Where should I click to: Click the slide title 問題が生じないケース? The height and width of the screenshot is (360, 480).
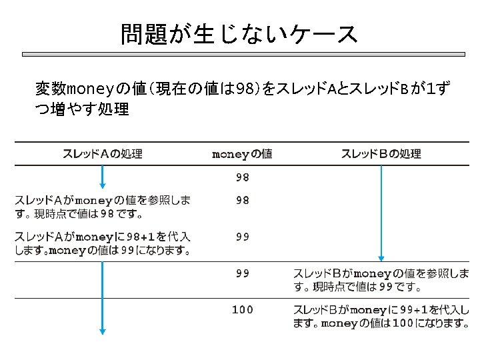[239, 34]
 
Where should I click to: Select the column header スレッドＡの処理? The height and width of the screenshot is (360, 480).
[102, 154]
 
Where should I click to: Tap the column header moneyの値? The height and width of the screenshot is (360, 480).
[241, 154]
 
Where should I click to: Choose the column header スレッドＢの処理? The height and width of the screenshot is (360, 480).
[381, 154]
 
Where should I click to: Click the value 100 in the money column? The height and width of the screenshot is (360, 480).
[242, 309]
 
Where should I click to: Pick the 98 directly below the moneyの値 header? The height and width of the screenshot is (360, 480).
[242, 177]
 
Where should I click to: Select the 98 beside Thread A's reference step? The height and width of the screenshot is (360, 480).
[242, 200]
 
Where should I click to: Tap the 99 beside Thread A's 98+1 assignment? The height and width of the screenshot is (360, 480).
[242, 236]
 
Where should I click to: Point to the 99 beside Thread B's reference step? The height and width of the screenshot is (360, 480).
[242, 273]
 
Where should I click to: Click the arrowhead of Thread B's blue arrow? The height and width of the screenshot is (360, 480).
[381, 257]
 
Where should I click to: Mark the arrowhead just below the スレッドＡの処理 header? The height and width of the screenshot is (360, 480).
[102, 185]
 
